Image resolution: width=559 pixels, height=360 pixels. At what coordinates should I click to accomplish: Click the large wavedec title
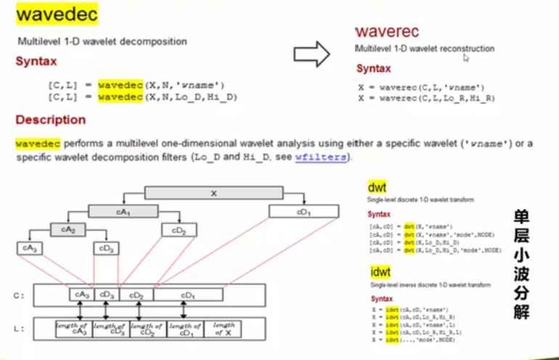tap(57, 15)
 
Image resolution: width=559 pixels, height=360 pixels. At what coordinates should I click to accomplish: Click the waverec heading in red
tap(387, 32)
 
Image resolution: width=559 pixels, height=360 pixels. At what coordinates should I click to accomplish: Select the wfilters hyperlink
tap(320, 157)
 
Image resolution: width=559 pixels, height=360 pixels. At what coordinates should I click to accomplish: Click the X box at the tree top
tap(213, 193)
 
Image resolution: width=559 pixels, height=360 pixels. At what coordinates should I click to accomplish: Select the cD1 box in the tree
tap(303, 211)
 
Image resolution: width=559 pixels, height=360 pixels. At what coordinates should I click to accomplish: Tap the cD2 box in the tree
tap(179, 230)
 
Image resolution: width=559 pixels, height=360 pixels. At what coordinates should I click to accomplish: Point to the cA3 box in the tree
tap(30, 248)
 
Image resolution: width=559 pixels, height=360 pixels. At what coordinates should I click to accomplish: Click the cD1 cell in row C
tap(188, 295)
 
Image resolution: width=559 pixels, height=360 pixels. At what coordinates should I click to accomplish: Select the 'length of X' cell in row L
tap(228, 328)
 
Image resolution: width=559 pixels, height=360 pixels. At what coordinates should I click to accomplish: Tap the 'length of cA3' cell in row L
tap(75, 328)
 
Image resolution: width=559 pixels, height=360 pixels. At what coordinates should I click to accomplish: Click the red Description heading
tap(50, 120)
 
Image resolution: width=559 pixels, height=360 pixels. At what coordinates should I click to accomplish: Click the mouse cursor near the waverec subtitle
tap(466, 58)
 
